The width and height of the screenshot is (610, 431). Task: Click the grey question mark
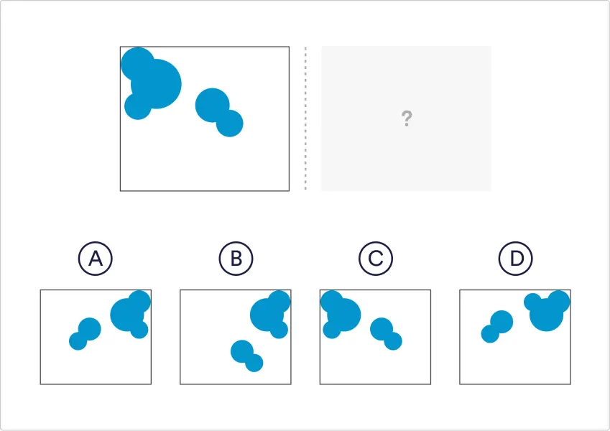click(407, 119)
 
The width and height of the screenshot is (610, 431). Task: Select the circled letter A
click(96, 259)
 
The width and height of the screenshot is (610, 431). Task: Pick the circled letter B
click(236, 259)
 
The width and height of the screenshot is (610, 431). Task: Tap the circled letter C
click(376, 259)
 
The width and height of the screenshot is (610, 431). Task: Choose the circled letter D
click(516, 259)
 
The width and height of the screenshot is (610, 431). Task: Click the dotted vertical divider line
click(305, 119)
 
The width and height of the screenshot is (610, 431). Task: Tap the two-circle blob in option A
click(86, 334)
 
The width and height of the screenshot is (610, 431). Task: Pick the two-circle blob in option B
click(246, 356)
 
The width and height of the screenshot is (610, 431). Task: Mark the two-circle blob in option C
click(386, 334)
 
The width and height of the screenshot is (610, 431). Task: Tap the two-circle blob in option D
click(497, 326)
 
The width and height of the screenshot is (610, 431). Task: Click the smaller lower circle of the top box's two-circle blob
click(229, 124)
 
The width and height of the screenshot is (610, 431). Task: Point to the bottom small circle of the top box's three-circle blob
click(138, 106)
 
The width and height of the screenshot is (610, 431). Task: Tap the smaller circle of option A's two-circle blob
click(78, 341)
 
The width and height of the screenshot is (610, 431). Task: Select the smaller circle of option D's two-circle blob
click(490, 334)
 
